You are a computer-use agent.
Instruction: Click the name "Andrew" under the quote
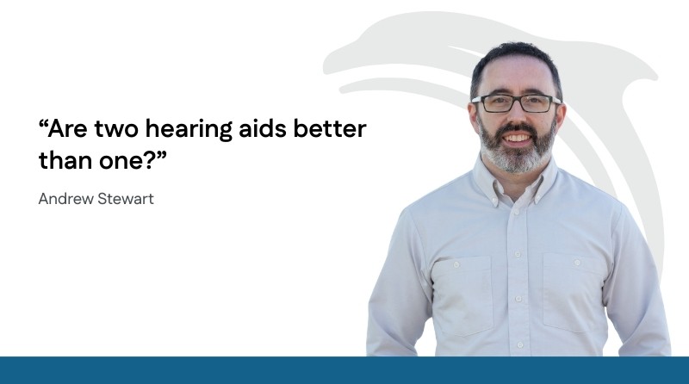[x=66, y=199]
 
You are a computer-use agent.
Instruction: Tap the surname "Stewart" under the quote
[x=126, y=199]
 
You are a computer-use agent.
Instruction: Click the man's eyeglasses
[x=516, y=103]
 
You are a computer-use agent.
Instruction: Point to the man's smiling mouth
[x=518, y=138]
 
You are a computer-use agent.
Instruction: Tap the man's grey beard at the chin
[x=518, y=160]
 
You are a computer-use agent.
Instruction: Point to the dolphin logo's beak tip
[x=326, y=69]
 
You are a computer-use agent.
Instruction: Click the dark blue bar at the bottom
[x=344, y=370]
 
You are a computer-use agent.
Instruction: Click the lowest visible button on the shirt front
[x=520, y=344]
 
